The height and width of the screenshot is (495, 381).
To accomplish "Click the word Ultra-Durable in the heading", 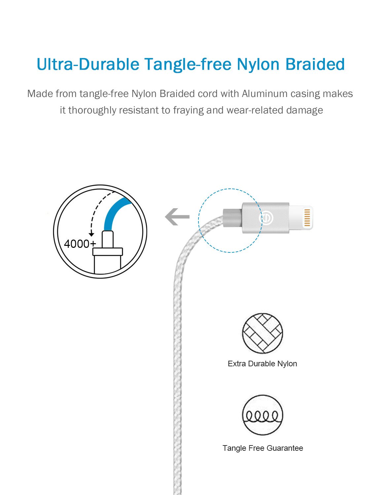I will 88,64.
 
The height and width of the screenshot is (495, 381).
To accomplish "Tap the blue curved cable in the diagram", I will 114,211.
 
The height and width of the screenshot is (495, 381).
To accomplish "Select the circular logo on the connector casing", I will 266,218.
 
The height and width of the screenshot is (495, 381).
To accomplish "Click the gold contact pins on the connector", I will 307,217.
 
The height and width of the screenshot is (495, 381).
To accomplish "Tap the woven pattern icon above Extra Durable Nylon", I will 262,333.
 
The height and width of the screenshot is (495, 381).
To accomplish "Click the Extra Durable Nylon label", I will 262,364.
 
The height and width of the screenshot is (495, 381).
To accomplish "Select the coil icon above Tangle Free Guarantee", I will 262,415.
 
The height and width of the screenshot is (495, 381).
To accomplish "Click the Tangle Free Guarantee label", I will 262,448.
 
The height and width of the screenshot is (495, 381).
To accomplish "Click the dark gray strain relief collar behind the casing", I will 232,217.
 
